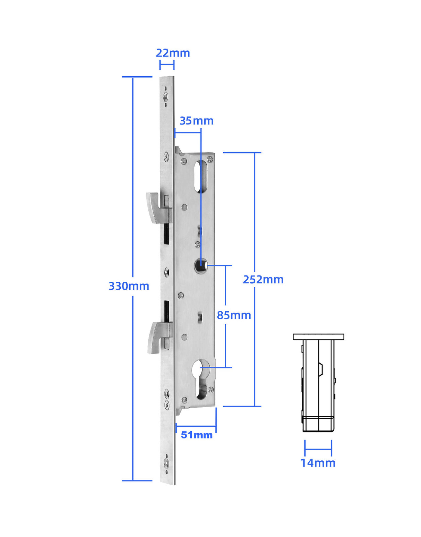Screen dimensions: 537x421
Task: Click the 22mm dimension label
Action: tap(173, 53)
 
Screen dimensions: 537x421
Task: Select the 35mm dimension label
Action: tap(196, 121)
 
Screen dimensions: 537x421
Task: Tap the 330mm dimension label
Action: tap(129, 286)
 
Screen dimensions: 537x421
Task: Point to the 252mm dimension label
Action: tap(263, 279)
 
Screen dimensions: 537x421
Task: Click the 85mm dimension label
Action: tap(234, 315)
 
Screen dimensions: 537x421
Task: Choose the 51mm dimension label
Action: tap(196, 435)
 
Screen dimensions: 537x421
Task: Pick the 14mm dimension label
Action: tap(318, 463)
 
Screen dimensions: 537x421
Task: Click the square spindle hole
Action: tap(200, 266)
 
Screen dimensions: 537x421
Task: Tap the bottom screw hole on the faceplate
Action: tap(166, 463)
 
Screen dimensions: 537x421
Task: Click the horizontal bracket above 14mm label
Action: tap(318, 449)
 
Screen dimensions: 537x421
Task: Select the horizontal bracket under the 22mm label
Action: tap(167, 65)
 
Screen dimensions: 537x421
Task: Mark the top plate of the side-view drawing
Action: tap(318, 337)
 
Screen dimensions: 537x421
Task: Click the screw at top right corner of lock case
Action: tap(210, 160)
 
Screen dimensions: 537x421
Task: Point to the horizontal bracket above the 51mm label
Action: tap(196, 426)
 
